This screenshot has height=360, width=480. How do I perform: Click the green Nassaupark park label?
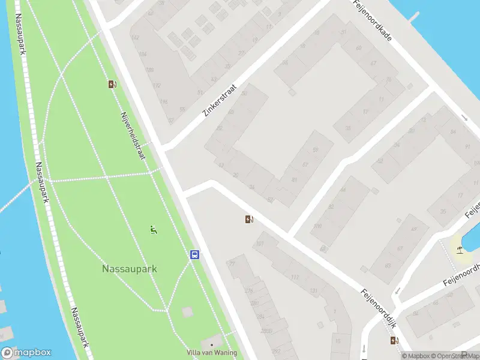coord(130,269)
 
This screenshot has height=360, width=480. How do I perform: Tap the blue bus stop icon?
coord(195,254)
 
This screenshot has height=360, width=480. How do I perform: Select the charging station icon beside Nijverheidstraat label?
coord(112,85)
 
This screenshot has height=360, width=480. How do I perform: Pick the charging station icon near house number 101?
coord(249,220)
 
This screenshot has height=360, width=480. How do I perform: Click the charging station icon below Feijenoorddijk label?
coord(394,341)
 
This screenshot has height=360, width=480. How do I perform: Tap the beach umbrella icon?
coord(460,249)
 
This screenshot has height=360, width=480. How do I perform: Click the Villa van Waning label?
coord(212,353)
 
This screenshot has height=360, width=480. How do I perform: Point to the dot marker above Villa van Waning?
coord(211,344)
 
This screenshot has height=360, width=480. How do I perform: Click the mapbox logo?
coord(26,353)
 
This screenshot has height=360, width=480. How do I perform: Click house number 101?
coord(260,244)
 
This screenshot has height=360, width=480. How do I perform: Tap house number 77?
coord(232,263)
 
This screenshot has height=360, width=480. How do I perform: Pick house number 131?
coord(313,291)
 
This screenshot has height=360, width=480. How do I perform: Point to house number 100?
coord(317,226)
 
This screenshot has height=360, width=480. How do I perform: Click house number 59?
coord(314,150)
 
